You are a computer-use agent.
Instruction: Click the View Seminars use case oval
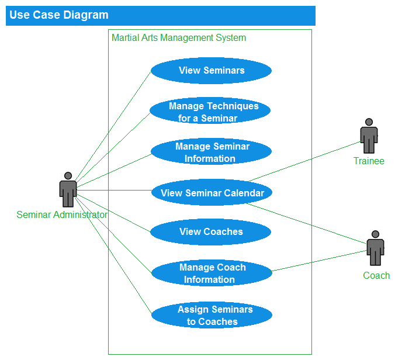211,71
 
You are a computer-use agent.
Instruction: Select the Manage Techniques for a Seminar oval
210,112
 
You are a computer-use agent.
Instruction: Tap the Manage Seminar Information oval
211,152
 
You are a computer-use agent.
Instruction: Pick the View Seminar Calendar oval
212,193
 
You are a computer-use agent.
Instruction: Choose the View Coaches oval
210,232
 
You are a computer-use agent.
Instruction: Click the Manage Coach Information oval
212,274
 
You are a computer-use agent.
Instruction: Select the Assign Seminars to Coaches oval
212,316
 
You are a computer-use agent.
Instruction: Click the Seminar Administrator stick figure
68,189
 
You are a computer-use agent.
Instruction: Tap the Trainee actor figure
369,136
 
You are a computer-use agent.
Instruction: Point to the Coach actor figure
375,248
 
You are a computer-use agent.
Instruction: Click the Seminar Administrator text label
62,214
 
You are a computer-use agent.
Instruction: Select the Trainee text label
369,161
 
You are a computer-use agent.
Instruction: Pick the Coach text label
376,275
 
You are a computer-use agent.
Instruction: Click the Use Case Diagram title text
58,15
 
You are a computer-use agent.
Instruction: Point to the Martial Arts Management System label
179,38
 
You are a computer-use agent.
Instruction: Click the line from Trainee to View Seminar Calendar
304,161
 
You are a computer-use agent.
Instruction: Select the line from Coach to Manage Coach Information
319,261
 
